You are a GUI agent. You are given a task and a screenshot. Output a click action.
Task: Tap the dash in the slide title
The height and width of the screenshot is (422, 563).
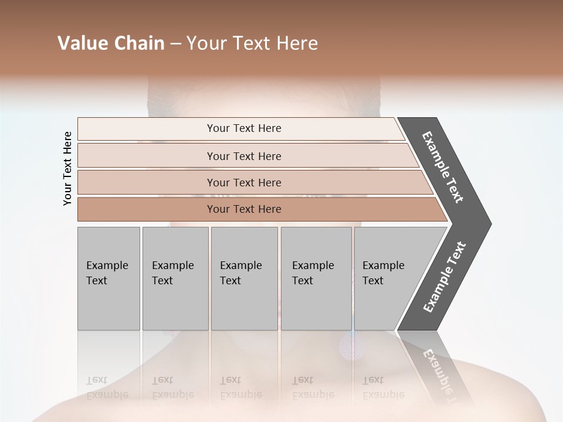(x=175, y=44)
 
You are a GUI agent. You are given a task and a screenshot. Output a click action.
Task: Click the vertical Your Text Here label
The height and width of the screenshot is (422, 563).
(x=67, y=169)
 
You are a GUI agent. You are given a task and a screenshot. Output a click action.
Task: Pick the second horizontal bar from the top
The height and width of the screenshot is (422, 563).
(x=243, y=156)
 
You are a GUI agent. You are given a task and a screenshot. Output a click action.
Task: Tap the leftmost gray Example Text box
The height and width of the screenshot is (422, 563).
(x=108, y=278)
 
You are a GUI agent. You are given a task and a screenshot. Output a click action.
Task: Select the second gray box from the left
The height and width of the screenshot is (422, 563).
(x=175, y=278)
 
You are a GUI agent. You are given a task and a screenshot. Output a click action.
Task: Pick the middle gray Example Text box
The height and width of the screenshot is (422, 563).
(x=244, y=278)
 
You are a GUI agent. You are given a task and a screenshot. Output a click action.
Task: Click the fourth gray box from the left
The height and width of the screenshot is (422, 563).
(x=316, y=278)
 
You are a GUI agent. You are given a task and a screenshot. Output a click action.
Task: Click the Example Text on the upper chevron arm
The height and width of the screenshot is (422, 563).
(x=443, y=167)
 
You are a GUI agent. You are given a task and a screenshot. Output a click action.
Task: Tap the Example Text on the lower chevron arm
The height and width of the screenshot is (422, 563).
(x=445, y=277)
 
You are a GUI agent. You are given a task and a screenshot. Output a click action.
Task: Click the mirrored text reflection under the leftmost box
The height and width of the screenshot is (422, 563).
(x=107, y=387)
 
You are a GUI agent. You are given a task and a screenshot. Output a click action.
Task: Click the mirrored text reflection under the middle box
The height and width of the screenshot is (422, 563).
(x=240, y=387)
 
